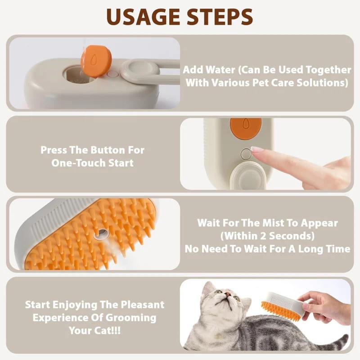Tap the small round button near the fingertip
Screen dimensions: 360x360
pyautogui.click(x=246, y=154)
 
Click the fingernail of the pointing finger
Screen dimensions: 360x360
pyautogui.click(x=258, y=149)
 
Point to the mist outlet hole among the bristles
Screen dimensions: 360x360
pyautogui.click(x=103, y=233)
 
